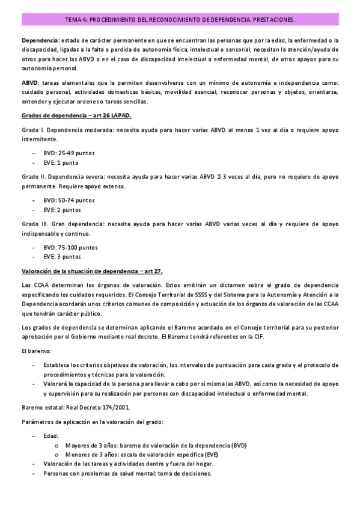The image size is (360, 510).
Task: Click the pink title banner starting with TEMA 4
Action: pyautogui.click(x=180, y=20)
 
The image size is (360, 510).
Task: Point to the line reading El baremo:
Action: pyautogui.click(x=32, y=351)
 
